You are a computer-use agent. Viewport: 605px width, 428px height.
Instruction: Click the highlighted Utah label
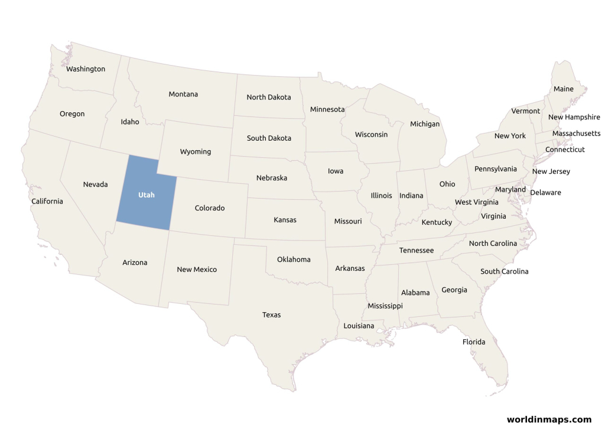pos(147,194)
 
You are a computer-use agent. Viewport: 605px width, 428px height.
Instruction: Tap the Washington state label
pos(86,69)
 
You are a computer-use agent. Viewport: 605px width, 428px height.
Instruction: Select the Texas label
pos(272,314)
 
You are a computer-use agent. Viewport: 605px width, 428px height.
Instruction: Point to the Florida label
pos(474,342)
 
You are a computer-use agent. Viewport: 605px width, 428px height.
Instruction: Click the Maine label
pos(564,89)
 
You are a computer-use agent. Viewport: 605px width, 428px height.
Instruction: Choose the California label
pos(47,201)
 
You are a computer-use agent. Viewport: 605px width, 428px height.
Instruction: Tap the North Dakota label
pos(269,97)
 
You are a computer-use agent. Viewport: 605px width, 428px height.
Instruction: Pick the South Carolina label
pos(505,271)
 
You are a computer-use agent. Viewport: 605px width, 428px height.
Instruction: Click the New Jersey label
pos(551,171)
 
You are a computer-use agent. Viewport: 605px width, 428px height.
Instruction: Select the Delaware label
pos(546,192)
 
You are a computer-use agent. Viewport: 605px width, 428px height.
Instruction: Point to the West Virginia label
pos(476,202)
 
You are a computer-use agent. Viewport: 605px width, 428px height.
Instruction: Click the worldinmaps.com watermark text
pos(549,419)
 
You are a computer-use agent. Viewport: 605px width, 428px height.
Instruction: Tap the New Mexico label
pos(197,270)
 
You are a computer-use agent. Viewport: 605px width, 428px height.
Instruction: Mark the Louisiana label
pos(359,326)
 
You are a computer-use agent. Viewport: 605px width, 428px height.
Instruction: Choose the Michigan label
pos(425,124)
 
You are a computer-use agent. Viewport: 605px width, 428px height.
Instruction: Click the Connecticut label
pos(565,150)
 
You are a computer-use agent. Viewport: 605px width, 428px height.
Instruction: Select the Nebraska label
pos(272,177)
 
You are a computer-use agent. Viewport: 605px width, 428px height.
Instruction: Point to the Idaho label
pos(130,122)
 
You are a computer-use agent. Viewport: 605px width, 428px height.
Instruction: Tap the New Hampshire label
pos(574,117)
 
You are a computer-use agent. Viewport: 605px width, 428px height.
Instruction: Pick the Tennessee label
pos(417,250)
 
